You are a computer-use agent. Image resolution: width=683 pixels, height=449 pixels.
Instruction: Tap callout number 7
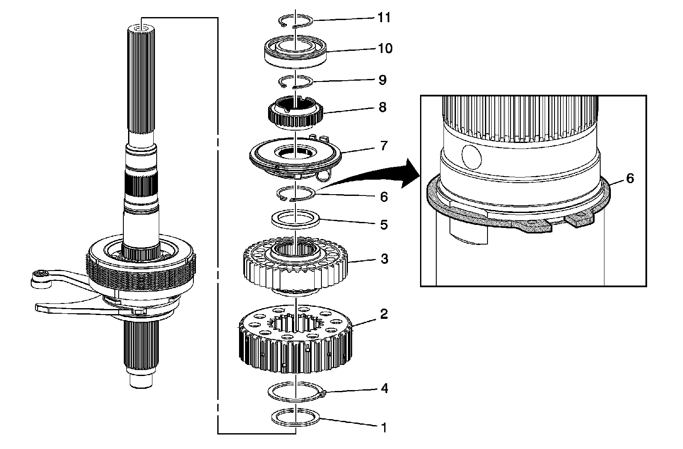click(x=384, y=146)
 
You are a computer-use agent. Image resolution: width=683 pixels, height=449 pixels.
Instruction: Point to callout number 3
click(x=384, y=259)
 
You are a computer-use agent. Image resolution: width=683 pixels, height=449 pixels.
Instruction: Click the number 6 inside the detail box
click(x=630, y=178)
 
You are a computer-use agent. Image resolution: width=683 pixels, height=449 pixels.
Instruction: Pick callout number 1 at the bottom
click(x=384, y=427)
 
